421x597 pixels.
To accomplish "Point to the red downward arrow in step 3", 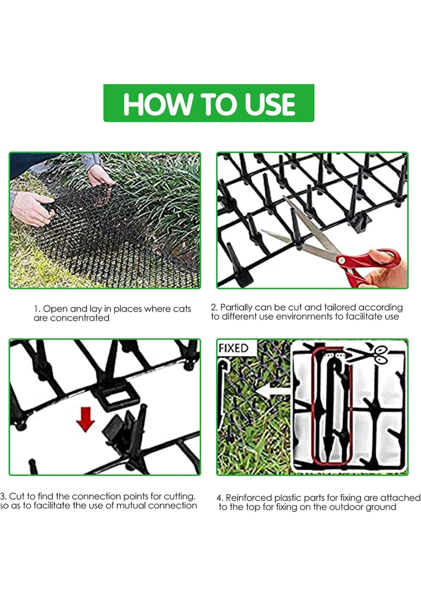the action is click(85, 420).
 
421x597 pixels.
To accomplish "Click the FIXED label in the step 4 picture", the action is click(233, 348).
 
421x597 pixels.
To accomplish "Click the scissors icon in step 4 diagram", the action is click(378, 355).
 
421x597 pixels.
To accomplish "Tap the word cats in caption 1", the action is click(182, 309).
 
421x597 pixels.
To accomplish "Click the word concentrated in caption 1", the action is click(80, 318).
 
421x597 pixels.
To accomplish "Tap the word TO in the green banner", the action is click(218, 104).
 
